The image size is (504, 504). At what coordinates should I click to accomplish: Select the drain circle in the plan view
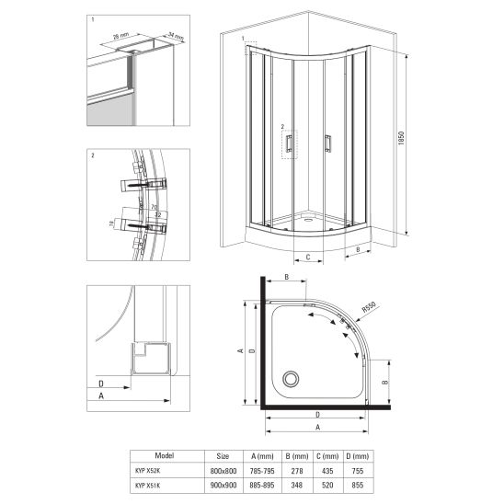[x=292, y=377]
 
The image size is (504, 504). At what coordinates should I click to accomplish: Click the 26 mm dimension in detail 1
[x=120, y=36]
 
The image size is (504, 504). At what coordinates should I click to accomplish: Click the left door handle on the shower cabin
[x=290, y=142]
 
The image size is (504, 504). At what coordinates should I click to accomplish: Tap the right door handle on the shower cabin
[x=326, y=142]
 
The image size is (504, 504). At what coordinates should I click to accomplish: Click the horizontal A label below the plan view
[x=317, y=427]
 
